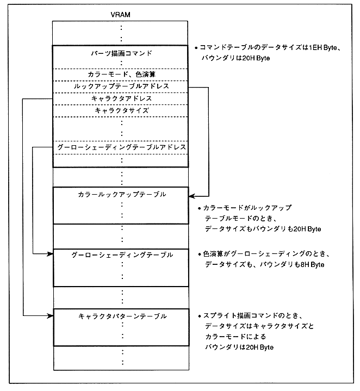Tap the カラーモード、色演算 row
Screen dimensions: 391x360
pyautogui.click(x=120, y=73)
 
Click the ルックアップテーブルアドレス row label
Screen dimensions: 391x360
pyautogui.click(x=120, y=86)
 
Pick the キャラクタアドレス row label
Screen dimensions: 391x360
pyautogui.click(x=120, y=98)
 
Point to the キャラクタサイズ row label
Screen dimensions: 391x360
pyautogui.click(x=120, y=110)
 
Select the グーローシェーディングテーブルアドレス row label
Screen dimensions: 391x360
pyautogui.click(x=121, y=147)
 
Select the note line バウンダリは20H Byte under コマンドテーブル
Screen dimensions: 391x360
pyautogui.click(x=237, y=58)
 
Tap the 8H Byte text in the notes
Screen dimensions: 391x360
pyautogui.click(x=311, y=265)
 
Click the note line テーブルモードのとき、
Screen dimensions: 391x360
pyautogui.click(x=239, y=219)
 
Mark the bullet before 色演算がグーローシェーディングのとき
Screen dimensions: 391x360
pyautogui.click(x=198, y=255)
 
